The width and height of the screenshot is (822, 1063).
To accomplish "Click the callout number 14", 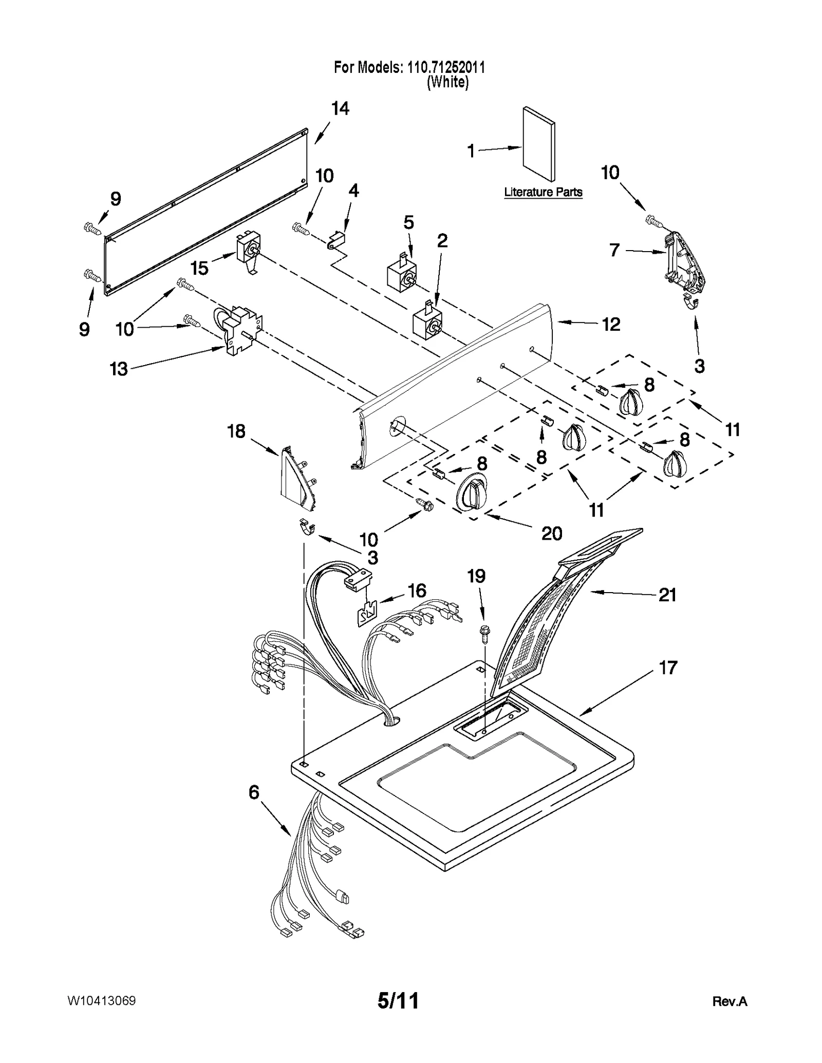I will tap(340, 109).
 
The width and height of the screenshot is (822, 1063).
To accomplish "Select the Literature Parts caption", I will tap(543, 192).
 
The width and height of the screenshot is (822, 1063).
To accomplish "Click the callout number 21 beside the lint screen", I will tap(667, 595).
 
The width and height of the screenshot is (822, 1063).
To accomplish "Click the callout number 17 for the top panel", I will tap(668, 668).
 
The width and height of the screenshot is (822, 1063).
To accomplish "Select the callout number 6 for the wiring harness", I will tap(254, 792).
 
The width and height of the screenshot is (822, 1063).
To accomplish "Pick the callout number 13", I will tap(119, 369).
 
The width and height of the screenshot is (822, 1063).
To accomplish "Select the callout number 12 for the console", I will tap(611, 324).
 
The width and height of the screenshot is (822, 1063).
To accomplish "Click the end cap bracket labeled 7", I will tap(683, 263).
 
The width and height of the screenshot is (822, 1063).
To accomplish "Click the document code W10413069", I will tap(101, 1001).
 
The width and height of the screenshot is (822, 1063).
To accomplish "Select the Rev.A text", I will tap(730, 1001).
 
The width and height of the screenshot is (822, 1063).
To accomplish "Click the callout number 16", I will tap(417, 591).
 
